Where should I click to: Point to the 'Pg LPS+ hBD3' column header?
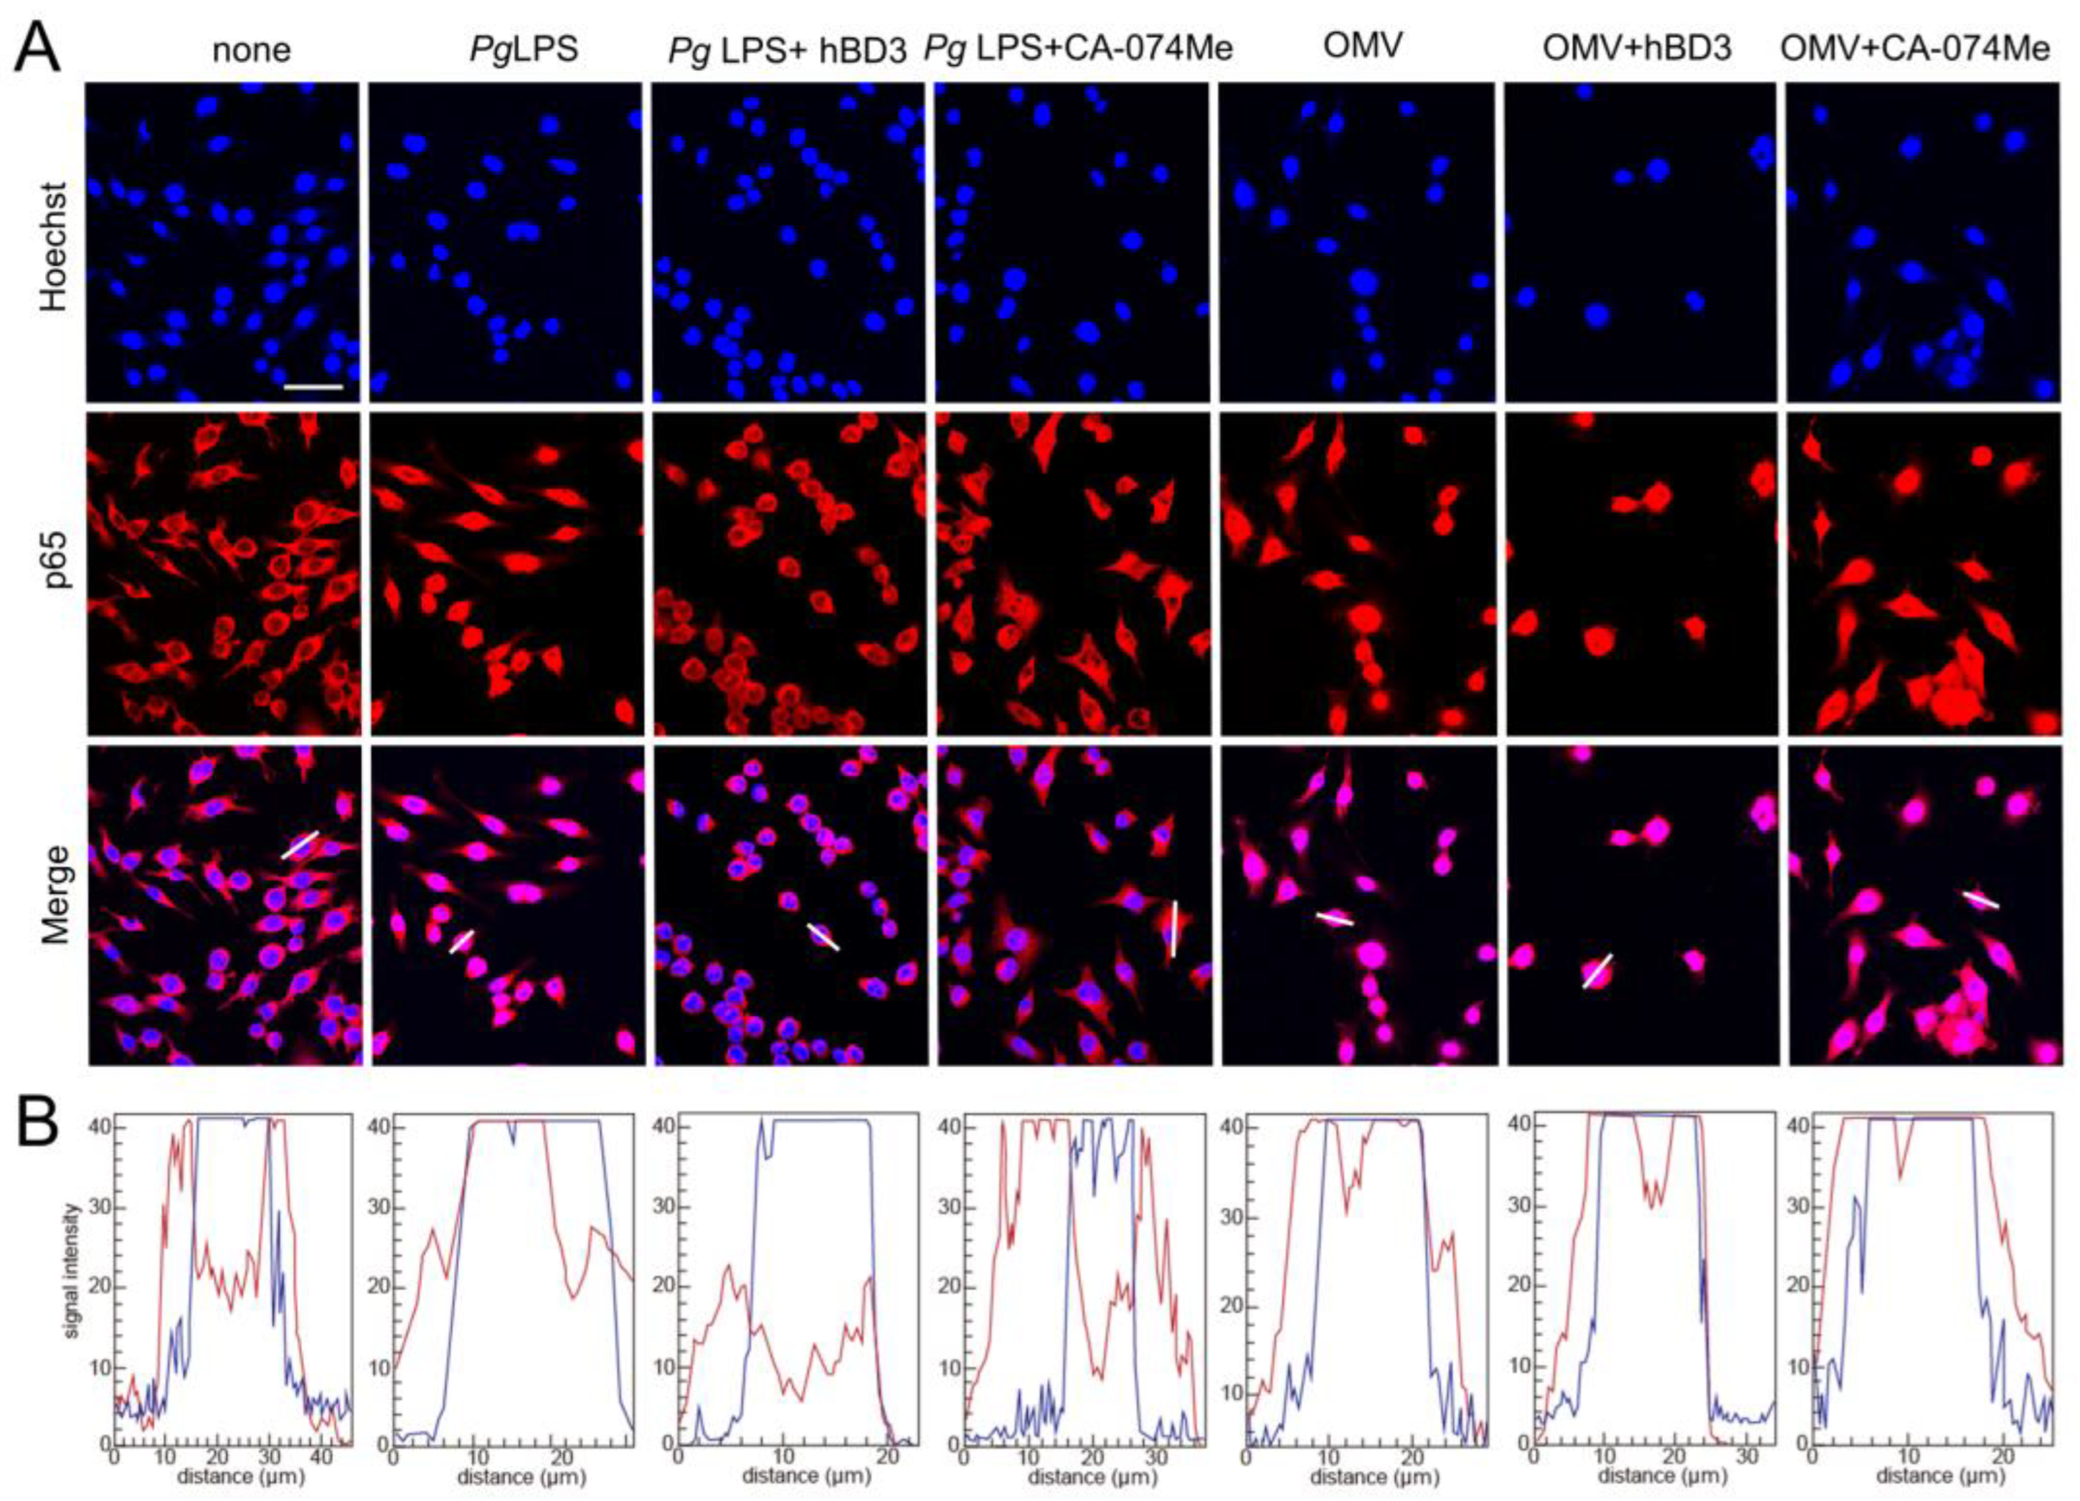(787, 49)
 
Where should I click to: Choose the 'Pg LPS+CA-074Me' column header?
(1079, 49)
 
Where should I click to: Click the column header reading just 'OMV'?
(1363, 46)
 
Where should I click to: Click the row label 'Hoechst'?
(53, 247)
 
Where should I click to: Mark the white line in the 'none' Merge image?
(300, 845)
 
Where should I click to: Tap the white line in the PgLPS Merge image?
(461, 941)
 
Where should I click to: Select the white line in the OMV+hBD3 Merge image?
(1597, 971)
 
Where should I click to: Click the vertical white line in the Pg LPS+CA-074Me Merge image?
(1174, 928)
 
